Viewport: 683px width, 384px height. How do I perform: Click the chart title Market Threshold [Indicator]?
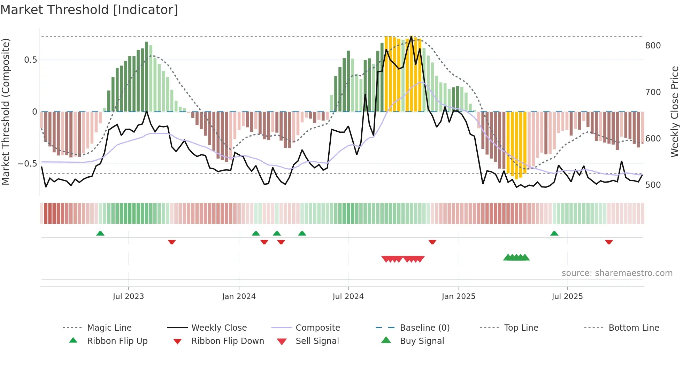[89, 10]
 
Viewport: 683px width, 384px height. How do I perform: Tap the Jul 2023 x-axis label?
[128, 297]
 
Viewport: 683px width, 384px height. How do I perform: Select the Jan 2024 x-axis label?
[239, 297]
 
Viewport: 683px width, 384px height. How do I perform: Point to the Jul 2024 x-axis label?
[348, 297]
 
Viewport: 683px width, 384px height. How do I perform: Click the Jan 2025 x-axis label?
[458, 297]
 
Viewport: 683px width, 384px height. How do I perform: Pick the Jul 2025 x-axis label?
[567, 297]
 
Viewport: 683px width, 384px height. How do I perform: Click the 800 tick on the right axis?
[653, 46]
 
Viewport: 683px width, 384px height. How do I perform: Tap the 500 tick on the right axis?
[653, 185]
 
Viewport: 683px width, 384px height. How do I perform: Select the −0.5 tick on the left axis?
[28, 164]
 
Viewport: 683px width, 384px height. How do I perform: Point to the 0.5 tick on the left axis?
[30, 60]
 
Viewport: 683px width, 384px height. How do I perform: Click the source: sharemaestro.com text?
[617, 273]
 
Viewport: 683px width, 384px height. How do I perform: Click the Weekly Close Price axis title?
[675, 112]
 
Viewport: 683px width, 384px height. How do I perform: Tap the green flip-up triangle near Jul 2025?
[554, 233]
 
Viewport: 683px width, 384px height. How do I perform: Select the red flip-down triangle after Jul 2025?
[609, 242]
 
